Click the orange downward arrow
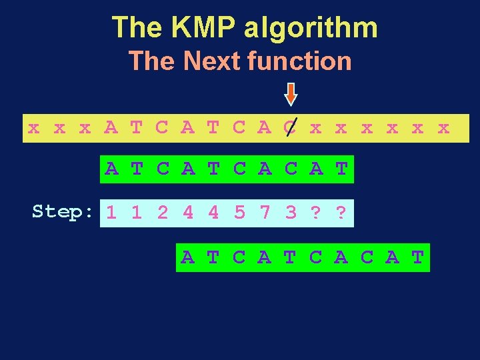pos(290,94)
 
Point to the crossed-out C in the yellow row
pos(290,127)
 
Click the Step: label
pos(63,212)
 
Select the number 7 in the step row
pos(265,213)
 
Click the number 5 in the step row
pos(239,213)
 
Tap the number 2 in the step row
pos(163,213)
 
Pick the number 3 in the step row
pos(291,213)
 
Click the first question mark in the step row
pos(316,213)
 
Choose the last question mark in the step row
pos(341,213)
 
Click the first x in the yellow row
pos(33,127)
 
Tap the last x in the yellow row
pos(443,127)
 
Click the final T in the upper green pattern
pos(341,169)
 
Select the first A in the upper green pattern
pos(111,169)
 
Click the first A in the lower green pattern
pos(188,257)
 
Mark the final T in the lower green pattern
pos(418,257)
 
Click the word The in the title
pos(137,27)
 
